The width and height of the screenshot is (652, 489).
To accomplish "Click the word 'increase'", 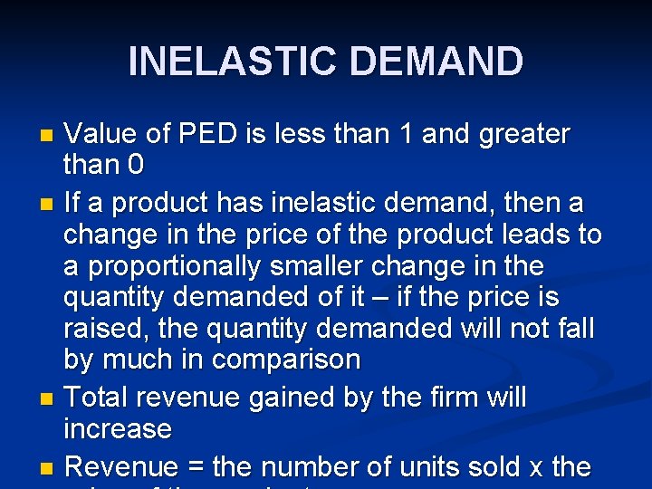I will tap(118, 428).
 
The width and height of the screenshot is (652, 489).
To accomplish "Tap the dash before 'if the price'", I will tap(388, 298).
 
